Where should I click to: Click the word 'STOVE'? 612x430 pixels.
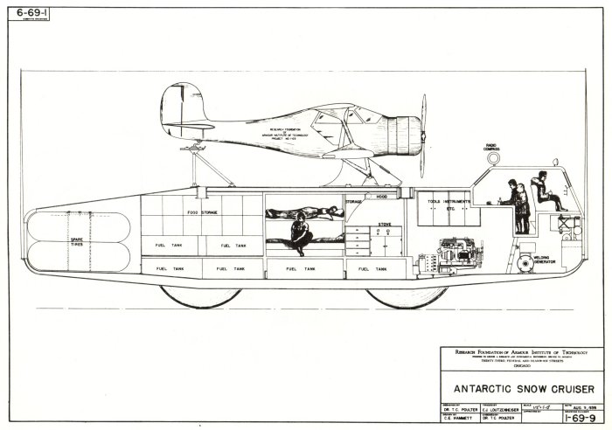tap(385, 225)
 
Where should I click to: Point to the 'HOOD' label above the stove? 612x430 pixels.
tap(381, 197)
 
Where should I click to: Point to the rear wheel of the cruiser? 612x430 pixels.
tap(201, 295)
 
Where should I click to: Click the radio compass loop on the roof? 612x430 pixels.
tap(492, 162)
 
